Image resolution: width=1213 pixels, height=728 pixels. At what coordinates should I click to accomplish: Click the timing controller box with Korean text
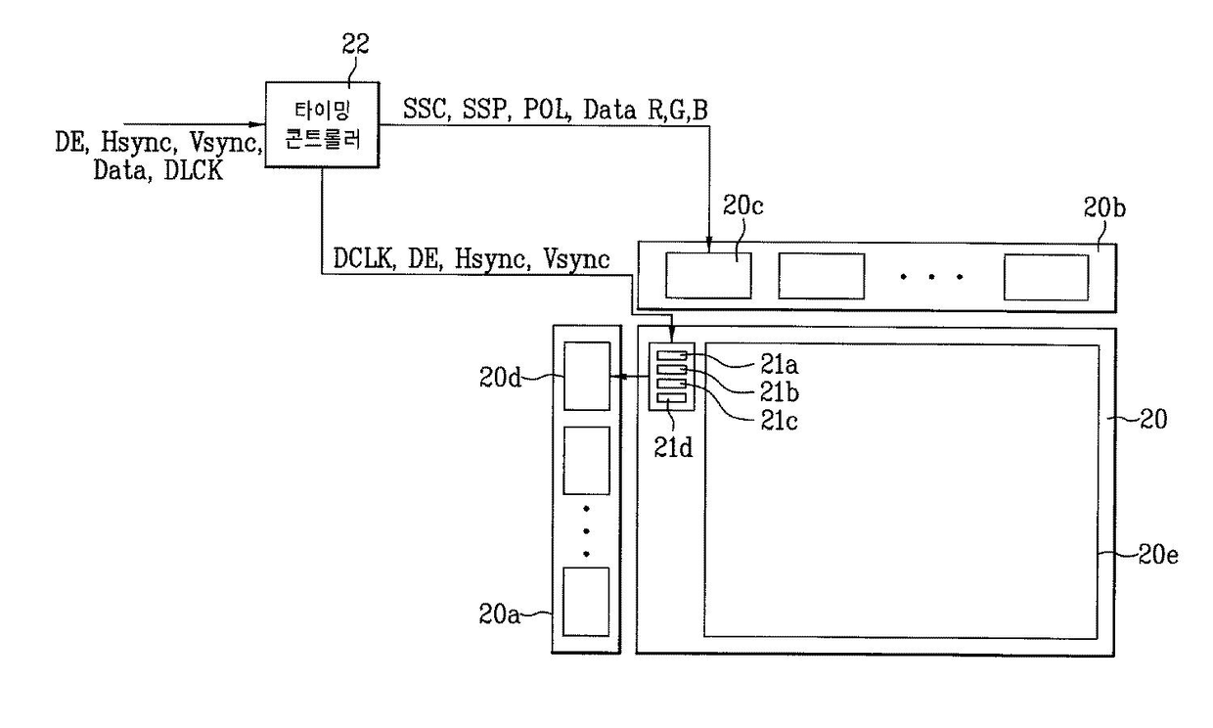pos(322,124)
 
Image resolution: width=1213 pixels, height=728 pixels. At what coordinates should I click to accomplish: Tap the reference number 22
pos(355,44)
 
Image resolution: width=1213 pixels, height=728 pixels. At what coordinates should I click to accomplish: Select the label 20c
pos(743,205)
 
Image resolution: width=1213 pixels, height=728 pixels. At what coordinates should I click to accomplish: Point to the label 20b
pos(1104,207)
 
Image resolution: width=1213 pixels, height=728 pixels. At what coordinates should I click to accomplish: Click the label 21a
pos(780,365)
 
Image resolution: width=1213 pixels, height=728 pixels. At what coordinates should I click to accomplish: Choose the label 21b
pos(780,392)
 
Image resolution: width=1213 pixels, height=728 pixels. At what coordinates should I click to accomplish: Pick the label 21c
pos(780,421)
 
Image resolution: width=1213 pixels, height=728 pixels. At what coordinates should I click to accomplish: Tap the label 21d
pos(673,447)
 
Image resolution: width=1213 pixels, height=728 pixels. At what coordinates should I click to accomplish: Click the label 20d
pos(500,377)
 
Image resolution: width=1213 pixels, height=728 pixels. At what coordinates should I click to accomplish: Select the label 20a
pos(499,614)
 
